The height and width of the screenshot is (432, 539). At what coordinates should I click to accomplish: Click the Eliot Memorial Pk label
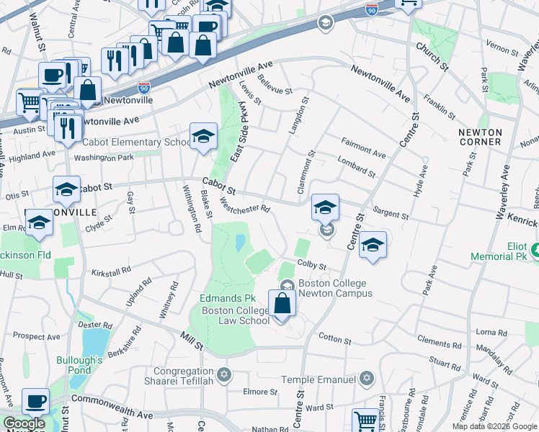point(499,251)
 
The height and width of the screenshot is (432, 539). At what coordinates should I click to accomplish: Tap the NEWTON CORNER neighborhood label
point(479,137)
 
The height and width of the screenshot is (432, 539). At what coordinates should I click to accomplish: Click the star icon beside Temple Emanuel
point(367,378)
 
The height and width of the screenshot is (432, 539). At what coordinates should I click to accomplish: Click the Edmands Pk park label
point(228,297)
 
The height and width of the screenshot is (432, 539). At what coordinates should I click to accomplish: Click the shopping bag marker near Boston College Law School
point(282,303)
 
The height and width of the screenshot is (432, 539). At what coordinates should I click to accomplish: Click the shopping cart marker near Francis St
point(365,420)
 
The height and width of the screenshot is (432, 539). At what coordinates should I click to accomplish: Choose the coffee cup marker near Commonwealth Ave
point(35,402)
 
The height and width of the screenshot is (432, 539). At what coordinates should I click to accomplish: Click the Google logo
point(23,423)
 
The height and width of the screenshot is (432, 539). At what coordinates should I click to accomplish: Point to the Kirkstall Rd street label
point(111,271)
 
